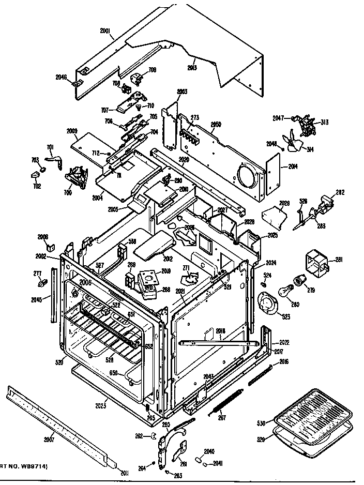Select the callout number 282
point(340,192)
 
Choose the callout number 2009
point(72,131)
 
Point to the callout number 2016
point(284,361)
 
